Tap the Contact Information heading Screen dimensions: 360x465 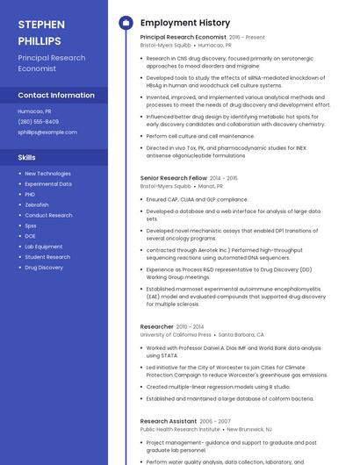tap(56, 95)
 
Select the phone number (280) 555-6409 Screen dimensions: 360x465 tap(39, 122)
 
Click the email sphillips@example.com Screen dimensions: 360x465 tap(47, 132)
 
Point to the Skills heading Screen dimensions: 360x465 tap(27, 157)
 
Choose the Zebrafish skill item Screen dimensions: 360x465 tap(37, 204)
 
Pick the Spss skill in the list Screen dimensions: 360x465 tap(31, 225)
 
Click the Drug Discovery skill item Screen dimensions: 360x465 tap(44, 268)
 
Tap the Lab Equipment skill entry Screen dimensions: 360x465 tap(44, 247)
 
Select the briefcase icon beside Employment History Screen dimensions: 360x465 tap(125, 23)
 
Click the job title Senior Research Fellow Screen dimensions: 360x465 tap(174, 178)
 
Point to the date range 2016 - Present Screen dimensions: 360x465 tap(247, 38)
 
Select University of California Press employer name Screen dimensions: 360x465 tap(176, 334)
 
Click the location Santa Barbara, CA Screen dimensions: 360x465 tap(241, 334)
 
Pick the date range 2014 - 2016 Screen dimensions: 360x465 tap(223, 178)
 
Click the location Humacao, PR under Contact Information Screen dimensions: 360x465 tap(35, 111)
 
